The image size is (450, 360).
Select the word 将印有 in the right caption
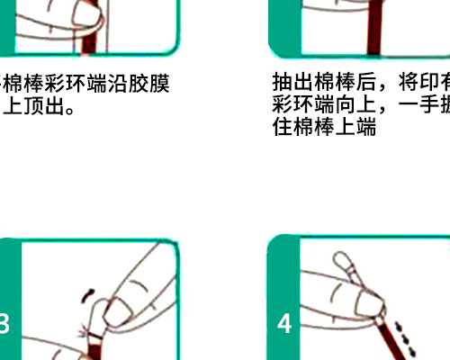(x=418, y=83)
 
